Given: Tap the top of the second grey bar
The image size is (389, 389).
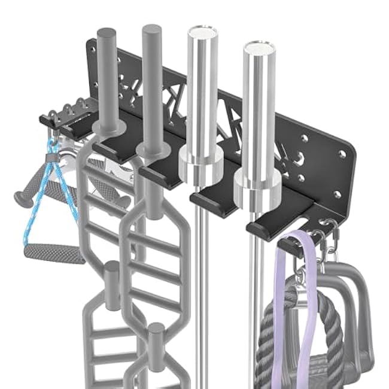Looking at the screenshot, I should pyautogui.click(x=152, y=29).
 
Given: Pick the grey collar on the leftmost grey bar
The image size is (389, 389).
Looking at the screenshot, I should pyautogui.click(x=110, y=127).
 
